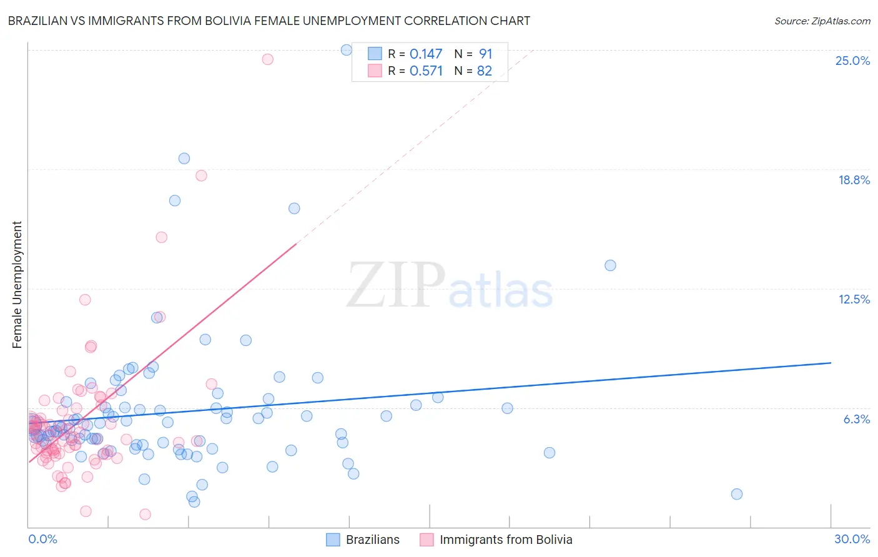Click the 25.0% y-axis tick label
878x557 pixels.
tap(852, 61)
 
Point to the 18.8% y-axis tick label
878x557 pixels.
tap(854, 180)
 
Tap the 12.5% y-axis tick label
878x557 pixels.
tap(854, 299)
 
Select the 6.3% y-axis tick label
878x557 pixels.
tap(856, 419)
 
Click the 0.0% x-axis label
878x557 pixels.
tap(42, 539)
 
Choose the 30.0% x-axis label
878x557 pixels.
tap(852, 539)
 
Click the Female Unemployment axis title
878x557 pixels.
tap(17, 285)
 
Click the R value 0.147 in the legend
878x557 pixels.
tap(426, 54)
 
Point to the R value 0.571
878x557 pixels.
tap(426, 71)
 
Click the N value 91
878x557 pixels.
tap(485, 54)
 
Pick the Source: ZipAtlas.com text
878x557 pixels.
tap(822, 21)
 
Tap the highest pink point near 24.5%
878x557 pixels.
tap(267, 59)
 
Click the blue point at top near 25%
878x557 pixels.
tap(347, 50)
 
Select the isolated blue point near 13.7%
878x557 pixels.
tap(610, 265)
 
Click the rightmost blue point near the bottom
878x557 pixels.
tap(736, 494)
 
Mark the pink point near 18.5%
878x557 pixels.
tap(201, 175)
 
